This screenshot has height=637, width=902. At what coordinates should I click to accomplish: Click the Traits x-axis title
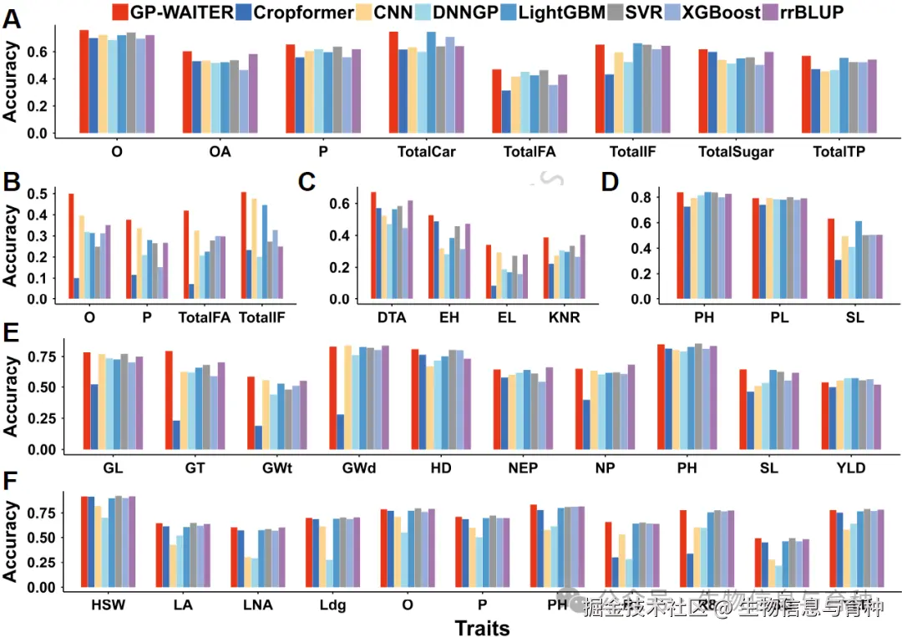click(x=482, y=627)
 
